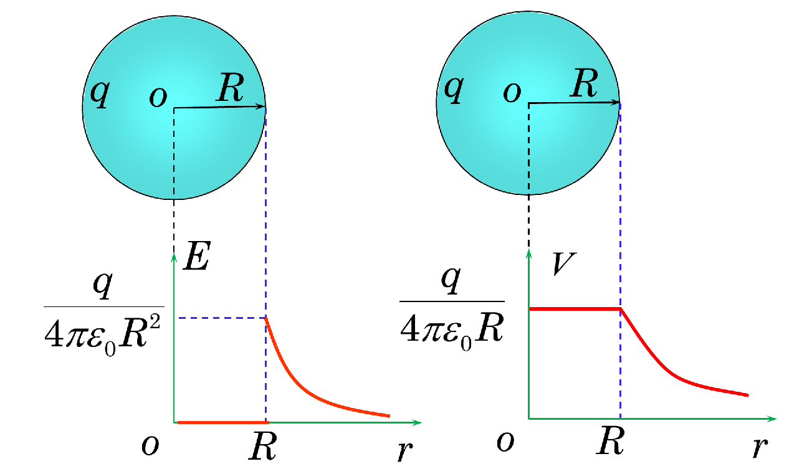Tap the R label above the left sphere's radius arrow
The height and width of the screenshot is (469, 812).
coord(231,90)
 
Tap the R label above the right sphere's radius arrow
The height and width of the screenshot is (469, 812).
coord(585,86)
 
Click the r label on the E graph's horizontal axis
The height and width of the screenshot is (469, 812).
coord(405,449)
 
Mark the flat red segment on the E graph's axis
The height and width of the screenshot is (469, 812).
coord(221,422)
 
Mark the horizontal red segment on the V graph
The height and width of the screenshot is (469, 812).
coord(573,308)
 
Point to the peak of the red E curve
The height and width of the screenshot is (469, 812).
coord(267,318)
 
